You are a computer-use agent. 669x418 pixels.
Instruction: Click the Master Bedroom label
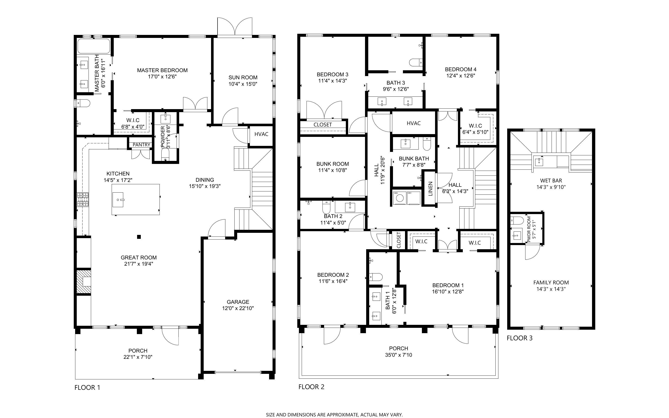pyautogui.click(x=162, y=70)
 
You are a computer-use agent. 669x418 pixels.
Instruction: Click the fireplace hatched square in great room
pyautogui.click(x=83, y=281)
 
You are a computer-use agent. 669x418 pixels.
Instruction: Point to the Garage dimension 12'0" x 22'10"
pyautogui.click(x=238, y=308)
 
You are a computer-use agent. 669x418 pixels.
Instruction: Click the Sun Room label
pyautogui.click(x=243, y=77)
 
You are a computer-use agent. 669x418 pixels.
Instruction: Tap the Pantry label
pyautogui.click(x=141, y=144)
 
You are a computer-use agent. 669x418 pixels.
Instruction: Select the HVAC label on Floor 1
pyautogui.click(x=261, y=134)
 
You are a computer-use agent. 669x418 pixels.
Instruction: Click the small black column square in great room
pyautogui.click(x=139, y=237)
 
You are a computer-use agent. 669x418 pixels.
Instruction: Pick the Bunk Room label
pyautogui.click(x=332, y=164)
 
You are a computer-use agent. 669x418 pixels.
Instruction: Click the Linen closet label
pyautogui.click(x=430, y=189)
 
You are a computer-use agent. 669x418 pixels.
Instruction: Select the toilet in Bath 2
pyautogui.click(x=326, y=206)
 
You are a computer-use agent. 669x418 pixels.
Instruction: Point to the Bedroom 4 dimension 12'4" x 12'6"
pyautogui.click(x=460, y=75)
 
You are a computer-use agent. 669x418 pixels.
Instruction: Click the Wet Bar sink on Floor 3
pyautogui.click(x=539, y=162)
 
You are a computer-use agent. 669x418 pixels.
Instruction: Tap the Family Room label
pyautogui.click(x=551, y=282)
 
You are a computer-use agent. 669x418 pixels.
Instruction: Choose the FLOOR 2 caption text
pyautogui.click(x=311, y=387)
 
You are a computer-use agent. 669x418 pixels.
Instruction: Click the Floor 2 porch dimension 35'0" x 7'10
pyautogui.click(x=398, y=355)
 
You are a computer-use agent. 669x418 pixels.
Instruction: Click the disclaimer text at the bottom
pyautogui.click(x=334, y=414)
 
